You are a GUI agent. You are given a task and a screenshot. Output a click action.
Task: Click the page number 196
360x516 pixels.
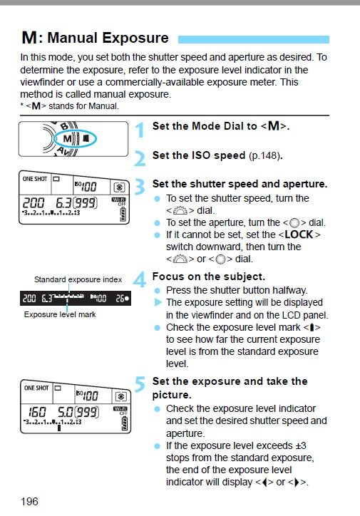(29, 502)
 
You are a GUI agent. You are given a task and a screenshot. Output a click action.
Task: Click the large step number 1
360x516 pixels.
(140, 130)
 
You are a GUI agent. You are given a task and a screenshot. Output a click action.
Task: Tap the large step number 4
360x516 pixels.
(140, 279)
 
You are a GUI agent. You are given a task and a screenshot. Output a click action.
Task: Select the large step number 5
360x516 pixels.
(140, 384)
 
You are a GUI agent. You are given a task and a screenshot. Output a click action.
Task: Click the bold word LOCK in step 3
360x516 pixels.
(299, 234)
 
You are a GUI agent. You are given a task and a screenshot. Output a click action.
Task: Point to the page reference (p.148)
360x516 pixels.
(266, 155)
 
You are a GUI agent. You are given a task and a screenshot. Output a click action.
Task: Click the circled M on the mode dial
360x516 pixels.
(67, 139)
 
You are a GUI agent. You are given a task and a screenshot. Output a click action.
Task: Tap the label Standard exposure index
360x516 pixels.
(78, 279)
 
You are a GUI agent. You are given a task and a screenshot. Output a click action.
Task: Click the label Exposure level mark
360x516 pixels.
(60, 314)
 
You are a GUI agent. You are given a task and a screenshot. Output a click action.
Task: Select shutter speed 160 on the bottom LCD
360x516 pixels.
(37, 412)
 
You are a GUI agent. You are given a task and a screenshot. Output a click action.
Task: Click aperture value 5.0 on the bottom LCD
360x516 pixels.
(65, 412)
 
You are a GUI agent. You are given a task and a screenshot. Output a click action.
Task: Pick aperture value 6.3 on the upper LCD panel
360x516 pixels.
(63, 202)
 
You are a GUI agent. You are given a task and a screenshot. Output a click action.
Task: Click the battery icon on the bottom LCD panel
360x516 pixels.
(125, 423)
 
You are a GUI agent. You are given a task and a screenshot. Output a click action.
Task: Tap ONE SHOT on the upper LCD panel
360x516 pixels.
(35, 179)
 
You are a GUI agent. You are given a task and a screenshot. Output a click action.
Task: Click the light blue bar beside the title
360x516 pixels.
(253, 39)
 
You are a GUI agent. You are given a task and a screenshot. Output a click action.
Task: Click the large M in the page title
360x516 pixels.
(29, 38)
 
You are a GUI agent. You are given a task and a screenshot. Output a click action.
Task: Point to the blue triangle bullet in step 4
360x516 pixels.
(158, 302)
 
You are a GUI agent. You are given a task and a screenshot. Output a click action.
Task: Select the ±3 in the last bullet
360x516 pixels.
(299, 445)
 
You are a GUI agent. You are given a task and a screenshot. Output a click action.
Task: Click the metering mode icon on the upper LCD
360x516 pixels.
(119, 187)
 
